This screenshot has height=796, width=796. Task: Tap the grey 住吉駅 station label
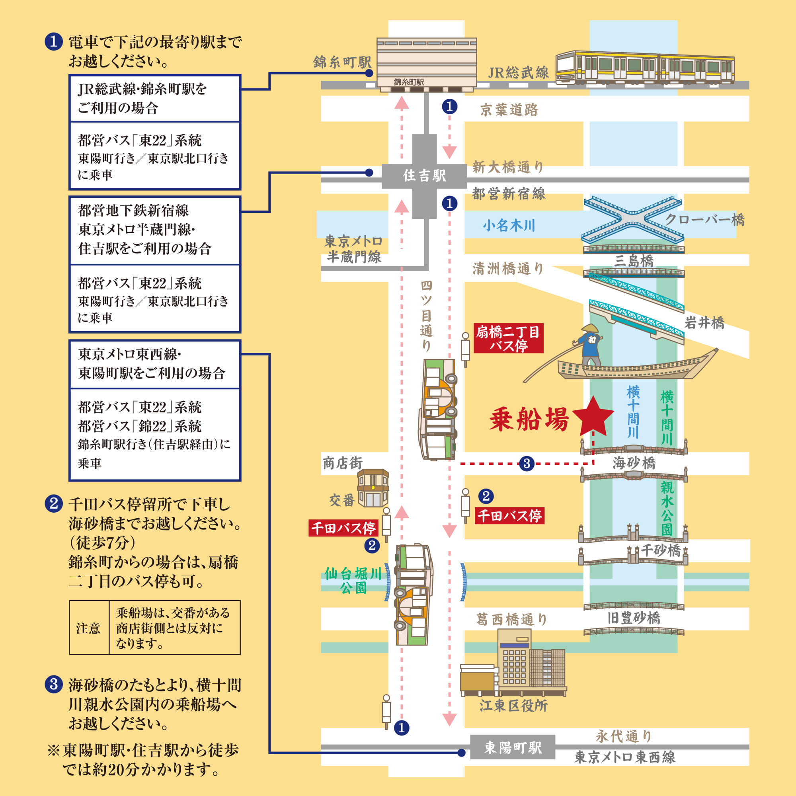coord(424,176)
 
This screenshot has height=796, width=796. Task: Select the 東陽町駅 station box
coord(513,747)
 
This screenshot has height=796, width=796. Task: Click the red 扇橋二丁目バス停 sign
coord(508,338)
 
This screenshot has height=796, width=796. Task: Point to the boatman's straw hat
coord(589,328)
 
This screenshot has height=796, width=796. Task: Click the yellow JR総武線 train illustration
coord(644,68)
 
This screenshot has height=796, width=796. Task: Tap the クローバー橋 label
coord(704,220)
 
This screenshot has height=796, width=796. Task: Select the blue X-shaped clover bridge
coord(632,220)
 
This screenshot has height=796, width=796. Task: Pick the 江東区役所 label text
coord(513,706)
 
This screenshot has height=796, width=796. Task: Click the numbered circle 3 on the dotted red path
coord(527,464)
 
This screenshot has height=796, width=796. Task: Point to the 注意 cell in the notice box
coord(88,628)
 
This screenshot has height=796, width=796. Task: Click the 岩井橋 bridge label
coord(704,323)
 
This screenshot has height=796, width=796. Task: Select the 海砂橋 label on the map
coord(634,464)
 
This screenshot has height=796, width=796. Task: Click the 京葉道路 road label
coord(509,110)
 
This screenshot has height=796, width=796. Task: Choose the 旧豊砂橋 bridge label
coord(634,618)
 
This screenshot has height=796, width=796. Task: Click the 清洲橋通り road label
coord(508,269)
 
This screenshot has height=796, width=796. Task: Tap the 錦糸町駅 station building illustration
coord(426,65)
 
